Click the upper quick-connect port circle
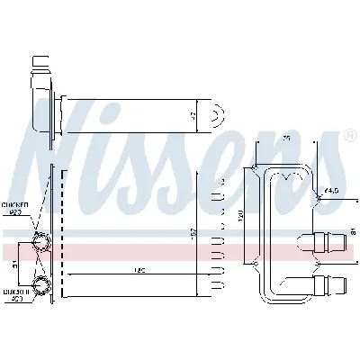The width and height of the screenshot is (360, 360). (40, 241)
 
